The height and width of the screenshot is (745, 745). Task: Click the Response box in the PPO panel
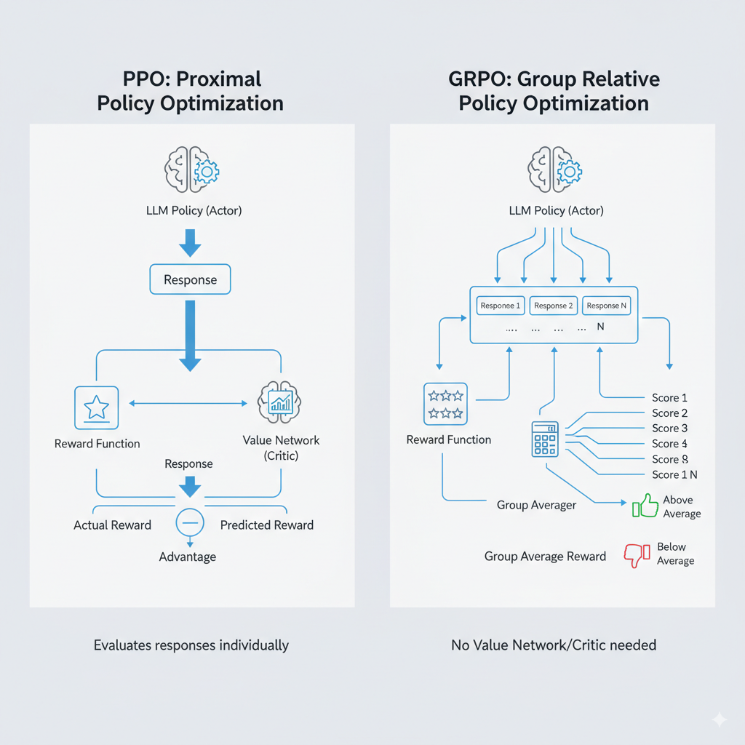tap(189, 279)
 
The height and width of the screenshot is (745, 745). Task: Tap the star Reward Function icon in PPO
tap(97, 407)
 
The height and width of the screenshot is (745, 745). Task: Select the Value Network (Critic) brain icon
tap(280, 402)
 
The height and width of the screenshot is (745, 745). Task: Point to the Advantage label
tap(188, 557)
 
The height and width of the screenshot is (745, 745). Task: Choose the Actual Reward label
tap(113, 525)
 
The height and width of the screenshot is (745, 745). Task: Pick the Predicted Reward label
tap(267, 525)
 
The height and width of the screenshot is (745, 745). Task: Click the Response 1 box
tap(501, 306)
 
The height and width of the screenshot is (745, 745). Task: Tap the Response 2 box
tap(554, 306)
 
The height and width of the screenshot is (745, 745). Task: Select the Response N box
tap(607, 306)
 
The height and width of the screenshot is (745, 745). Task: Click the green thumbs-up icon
tap(645, 506)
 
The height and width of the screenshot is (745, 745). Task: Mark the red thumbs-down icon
tap(637, 555)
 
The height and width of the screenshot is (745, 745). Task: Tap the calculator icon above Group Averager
tap(545, 439)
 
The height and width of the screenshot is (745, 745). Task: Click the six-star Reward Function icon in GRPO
tap(446, 404)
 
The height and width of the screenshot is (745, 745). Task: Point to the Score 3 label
tap(669, 429)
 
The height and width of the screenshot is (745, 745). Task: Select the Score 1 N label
tap(674, 474)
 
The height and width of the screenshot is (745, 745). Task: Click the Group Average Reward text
tap(545, 557)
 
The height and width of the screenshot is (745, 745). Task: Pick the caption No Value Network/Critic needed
tap(554, 645)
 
